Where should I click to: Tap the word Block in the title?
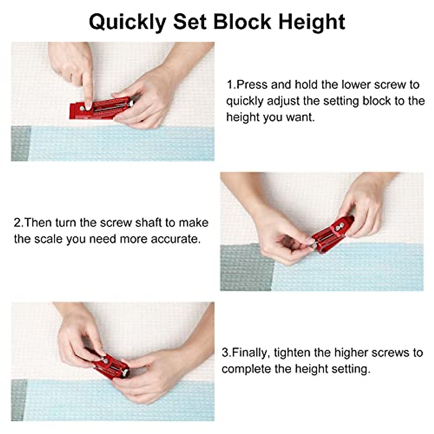[242, 22]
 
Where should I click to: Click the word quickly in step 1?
[245, 101]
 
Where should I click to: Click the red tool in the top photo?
[100, 108]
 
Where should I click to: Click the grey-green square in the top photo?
[21, 143]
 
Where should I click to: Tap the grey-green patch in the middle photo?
[247, 267]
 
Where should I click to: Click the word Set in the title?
[190, 22]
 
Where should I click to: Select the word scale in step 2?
[48, 239]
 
